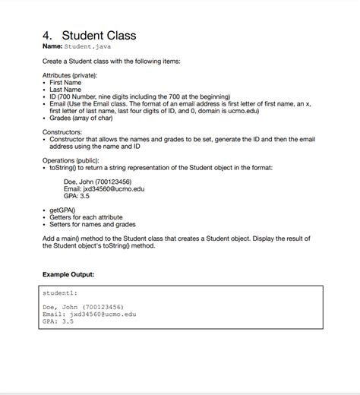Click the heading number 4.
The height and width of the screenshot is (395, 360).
tap(47, 36)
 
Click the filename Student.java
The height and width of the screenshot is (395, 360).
tap(88, 47)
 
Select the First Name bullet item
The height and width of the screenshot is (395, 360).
tap(66, 83)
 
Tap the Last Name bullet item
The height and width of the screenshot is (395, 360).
tap(66, 90)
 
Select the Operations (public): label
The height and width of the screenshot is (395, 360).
tap(72, 160)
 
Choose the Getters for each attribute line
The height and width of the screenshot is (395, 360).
tap(86, 217)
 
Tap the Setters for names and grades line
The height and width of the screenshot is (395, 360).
tap(93, 224)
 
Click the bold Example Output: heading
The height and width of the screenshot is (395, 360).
tap(68, 273)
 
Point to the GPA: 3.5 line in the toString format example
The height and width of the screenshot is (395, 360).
tap(77, 196)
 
